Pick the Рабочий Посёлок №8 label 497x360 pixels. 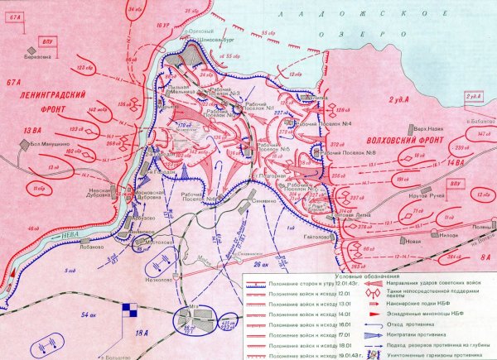coord(357,151)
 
